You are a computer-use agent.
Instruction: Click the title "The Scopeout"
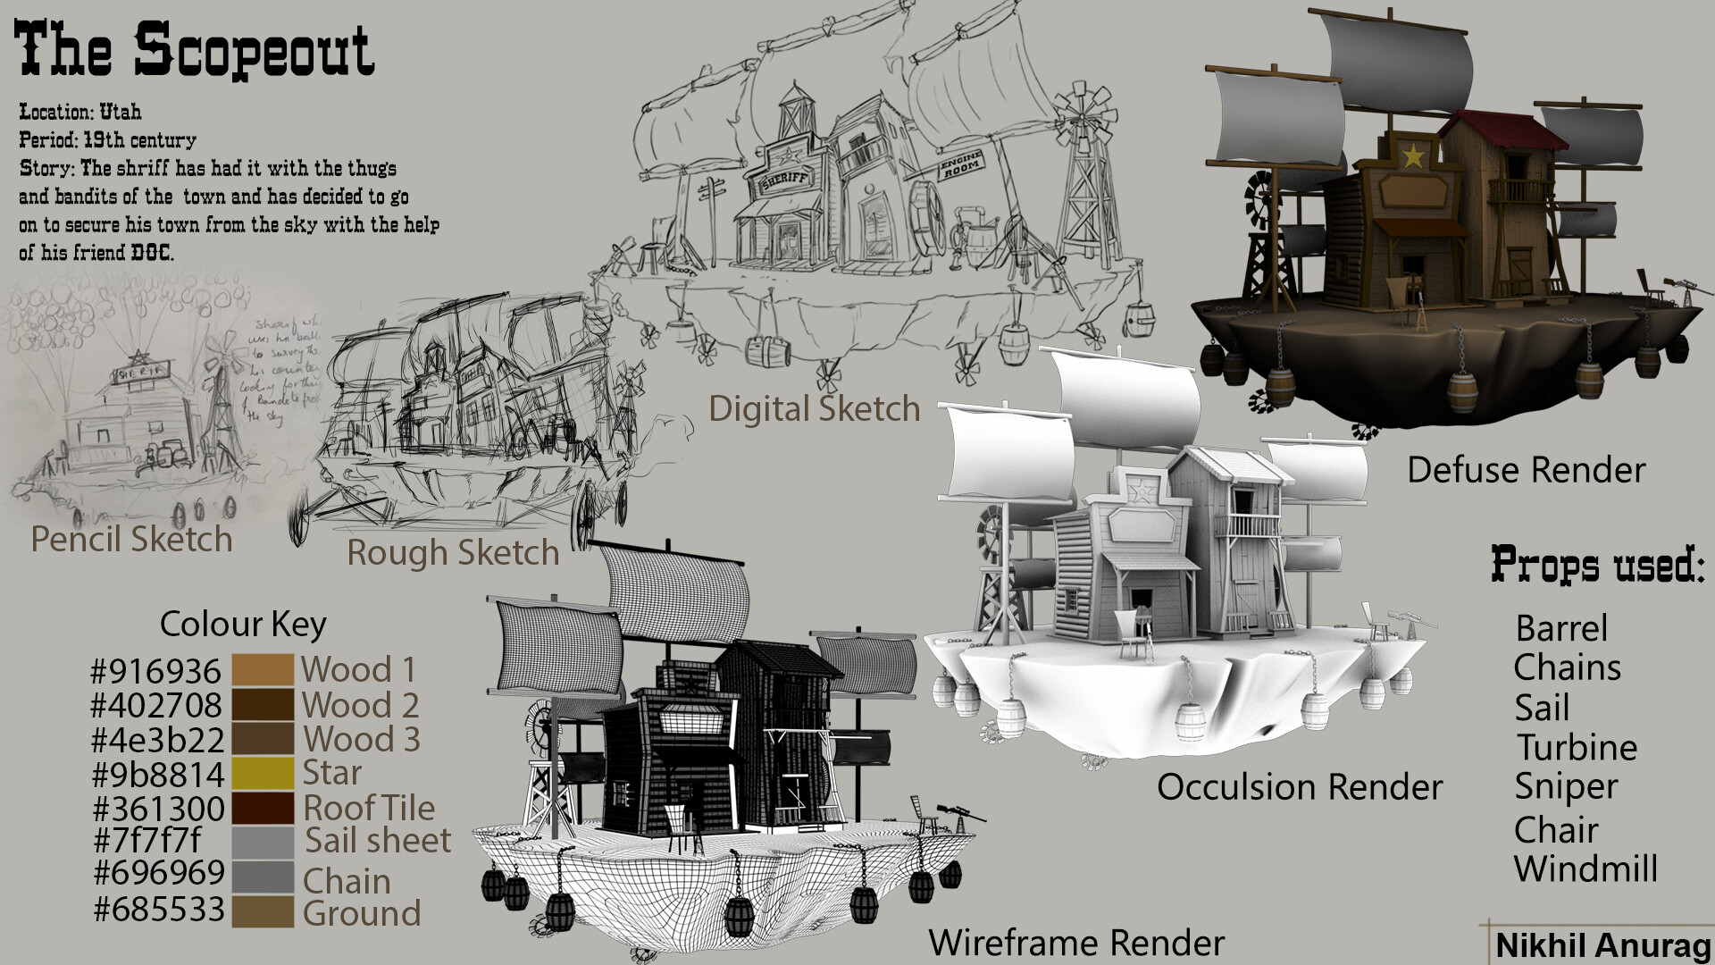pos(194,50)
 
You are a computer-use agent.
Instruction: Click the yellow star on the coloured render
pos(1412,156)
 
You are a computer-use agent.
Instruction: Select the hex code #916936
pos(155,671)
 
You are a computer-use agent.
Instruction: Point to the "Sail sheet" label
pos(377,841)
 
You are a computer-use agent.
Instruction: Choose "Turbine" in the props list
pos(1577,747)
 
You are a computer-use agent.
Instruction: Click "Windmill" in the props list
pos(1585,868)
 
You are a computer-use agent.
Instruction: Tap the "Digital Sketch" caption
pos(814,409)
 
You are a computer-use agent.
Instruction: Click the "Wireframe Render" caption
pos(1076,943)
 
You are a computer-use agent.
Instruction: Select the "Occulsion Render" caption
pos(1300,787)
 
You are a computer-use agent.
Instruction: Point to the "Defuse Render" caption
pos(1526,470)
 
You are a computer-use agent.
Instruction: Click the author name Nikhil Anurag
pos(1602,945)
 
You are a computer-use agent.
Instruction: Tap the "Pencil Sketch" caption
pos(131,540)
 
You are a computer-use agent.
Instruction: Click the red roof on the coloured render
pos(1501,130)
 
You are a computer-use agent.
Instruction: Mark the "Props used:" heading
pos(1597,565)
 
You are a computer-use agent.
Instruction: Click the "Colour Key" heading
pos(243,624)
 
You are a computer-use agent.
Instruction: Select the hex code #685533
pos(159,910)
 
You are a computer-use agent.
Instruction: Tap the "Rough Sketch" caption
pos(453,553)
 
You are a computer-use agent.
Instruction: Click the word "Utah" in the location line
pos(120,113)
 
